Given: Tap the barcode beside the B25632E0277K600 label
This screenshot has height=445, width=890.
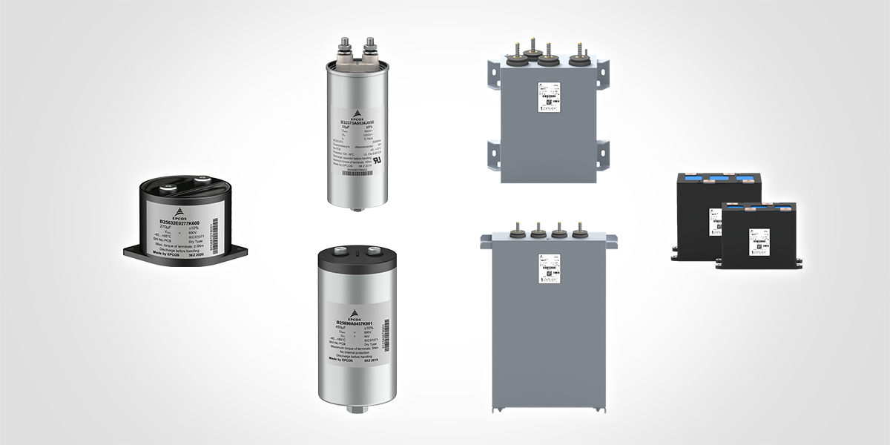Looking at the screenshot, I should coord(216,242).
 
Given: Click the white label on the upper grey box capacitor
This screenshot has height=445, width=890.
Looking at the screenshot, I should coord(550,98).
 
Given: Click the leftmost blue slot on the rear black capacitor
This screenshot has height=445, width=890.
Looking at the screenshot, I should coord(694,179).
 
